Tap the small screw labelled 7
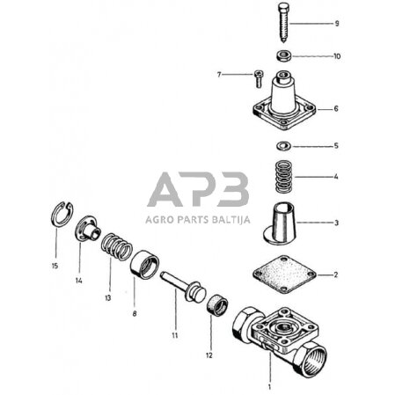pos(256,76)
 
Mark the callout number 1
pos(270,385)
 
